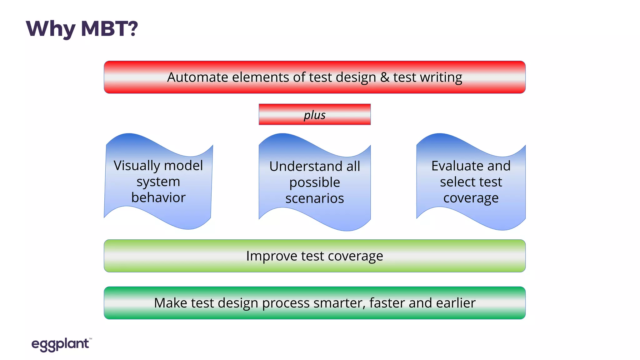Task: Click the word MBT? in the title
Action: pyautogui.click(x=109, y=29)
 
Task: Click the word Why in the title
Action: pyautogui.click(x=50, y=29)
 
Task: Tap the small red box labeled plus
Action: pyautogui.click(x=314, y=115)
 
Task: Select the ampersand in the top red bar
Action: pyautogui.click(x=384, y=77)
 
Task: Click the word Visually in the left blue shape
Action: pyautogui.click(x=136, y=166)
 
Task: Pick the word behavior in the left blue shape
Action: pyautogui.click(x=158, y=197)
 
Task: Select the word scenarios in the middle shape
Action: pyautogui.click(x=314, y=198)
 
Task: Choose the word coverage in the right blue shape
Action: pyautogui.click(x=471, y=198)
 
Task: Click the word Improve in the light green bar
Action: pyautogui.click(x=272, y=256)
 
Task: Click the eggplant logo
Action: pyautogui.click(x=60, y=344)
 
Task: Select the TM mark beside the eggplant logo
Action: pyautogui.click(x=91, y=339)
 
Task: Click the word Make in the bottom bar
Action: pyautogui.click(x=170, y=303)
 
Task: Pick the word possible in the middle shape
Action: pyautogui.click(x=314, y=182)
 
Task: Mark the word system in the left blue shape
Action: pyautogui.click(x=158, y=182)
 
